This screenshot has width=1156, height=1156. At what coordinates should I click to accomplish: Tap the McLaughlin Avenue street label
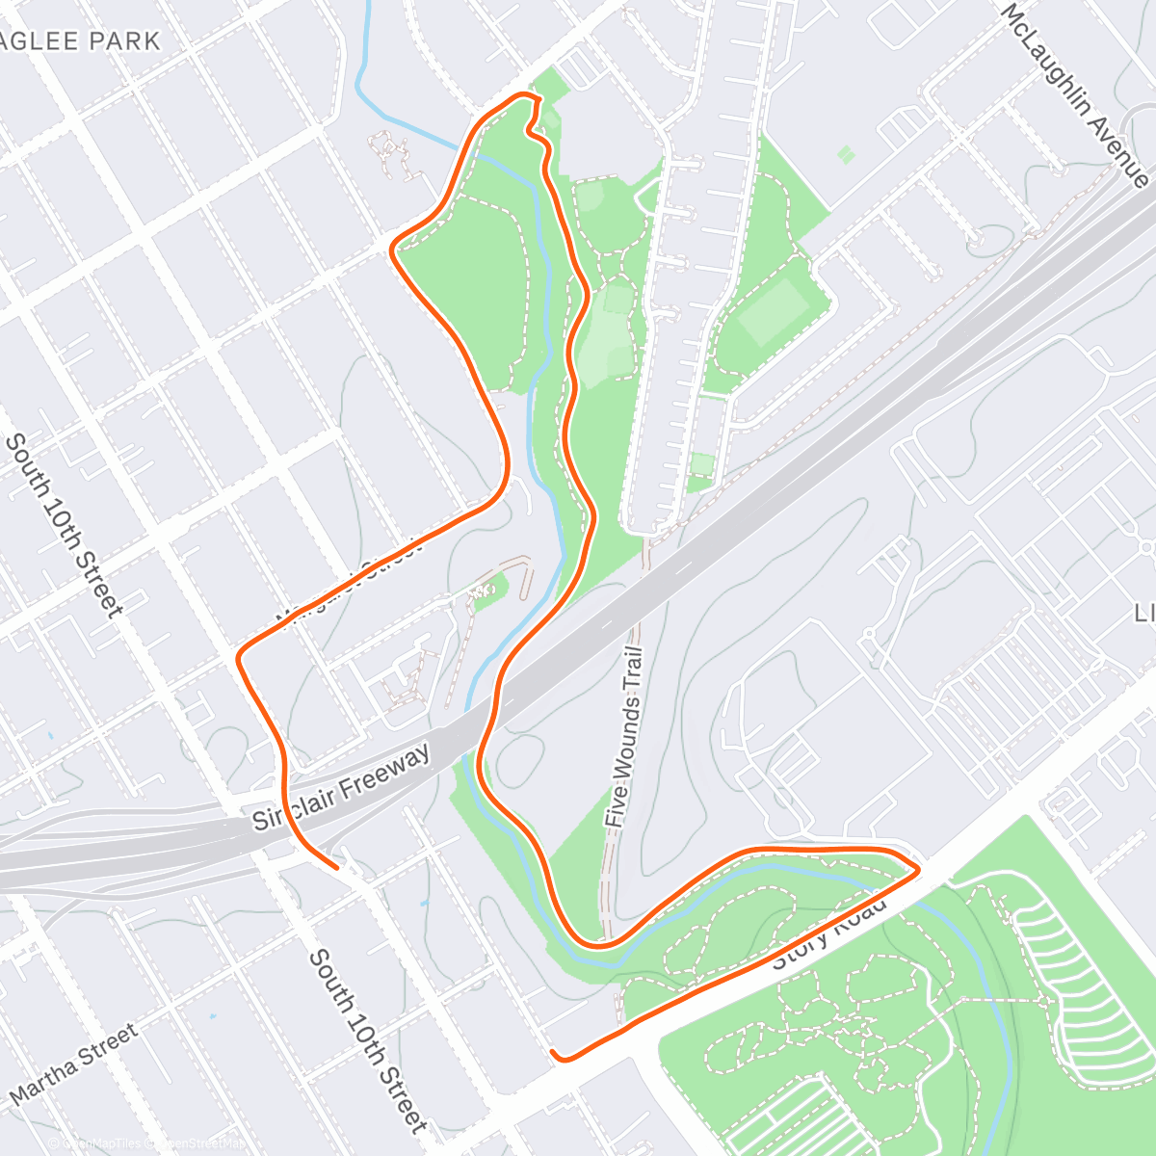1074,94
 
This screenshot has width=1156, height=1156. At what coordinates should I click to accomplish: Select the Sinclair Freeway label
341,790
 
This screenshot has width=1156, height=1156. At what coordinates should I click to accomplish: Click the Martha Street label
73,1064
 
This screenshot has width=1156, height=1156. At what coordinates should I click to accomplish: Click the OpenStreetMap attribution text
197,1143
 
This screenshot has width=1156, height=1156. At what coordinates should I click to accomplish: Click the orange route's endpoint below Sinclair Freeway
336,867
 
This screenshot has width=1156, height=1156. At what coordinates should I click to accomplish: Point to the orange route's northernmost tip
523,94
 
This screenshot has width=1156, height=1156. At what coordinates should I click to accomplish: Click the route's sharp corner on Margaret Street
240,657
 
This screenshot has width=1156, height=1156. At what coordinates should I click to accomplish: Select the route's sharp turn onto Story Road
916,869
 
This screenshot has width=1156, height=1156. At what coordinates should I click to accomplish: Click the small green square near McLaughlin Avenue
846,154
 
